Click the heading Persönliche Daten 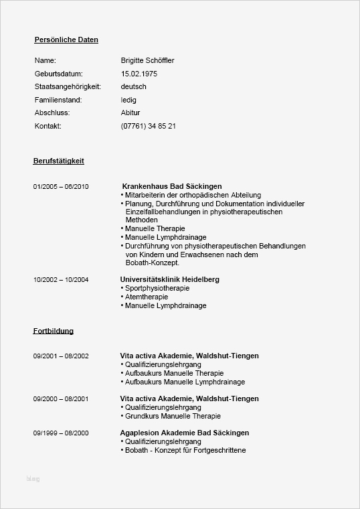(66, 40)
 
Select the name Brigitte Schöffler (147, 60)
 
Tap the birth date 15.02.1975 (139, 74)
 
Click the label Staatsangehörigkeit (67, 86)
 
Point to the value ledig (128, 100)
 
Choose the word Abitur (130, 113)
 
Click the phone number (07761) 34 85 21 (149, 126)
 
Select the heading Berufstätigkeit (58, 161)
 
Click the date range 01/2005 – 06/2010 (61, 186)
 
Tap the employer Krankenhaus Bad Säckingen (172, 186)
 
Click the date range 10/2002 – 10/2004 (61, 279)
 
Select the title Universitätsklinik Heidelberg (169, 279)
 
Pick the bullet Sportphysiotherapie (157, 288)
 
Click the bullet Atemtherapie (147, 297)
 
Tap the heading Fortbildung (53, 331)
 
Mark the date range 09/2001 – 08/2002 (61, 356)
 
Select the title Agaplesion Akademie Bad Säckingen (184, 433)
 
